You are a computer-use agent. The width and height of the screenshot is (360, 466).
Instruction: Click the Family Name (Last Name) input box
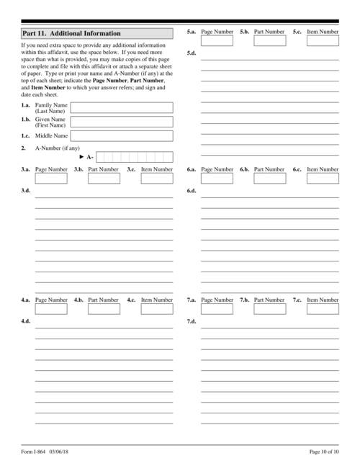(121, 108)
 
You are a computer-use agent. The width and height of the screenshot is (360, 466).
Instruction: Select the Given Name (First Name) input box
(121, 122)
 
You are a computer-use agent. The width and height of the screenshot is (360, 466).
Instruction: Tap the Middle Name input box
(121, 135)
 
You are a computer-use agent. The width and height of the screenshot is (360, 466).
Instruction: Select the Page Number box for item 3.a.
(51, 179)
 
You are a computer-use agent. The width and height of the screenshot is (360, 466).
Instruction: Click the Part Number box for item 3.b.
(104, 179)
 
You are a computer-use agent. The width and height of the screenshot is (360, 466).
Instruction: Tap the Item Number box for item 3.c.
(157, 179)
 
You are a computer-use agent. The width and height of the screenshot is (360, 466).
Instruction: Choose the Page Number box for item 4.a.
(51, 309)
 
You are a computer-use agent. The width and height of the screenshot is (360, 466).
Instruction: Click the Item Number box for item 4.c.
(157, 309)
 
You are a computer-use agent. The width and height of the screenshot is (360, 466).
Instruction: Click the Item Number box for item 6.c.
(323, 179)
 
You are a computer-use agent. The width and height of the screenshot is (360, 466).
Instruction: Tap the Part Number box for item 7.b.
(269, 309)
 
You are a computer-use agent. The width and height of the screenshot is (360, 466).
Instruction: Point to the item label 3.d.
(26, 191)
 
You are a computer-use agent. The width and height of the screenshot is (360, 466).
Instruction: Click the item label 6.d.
(192, 191)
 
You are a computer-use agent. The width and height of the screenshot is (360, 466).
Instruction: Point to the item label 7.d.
(192, 321)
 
